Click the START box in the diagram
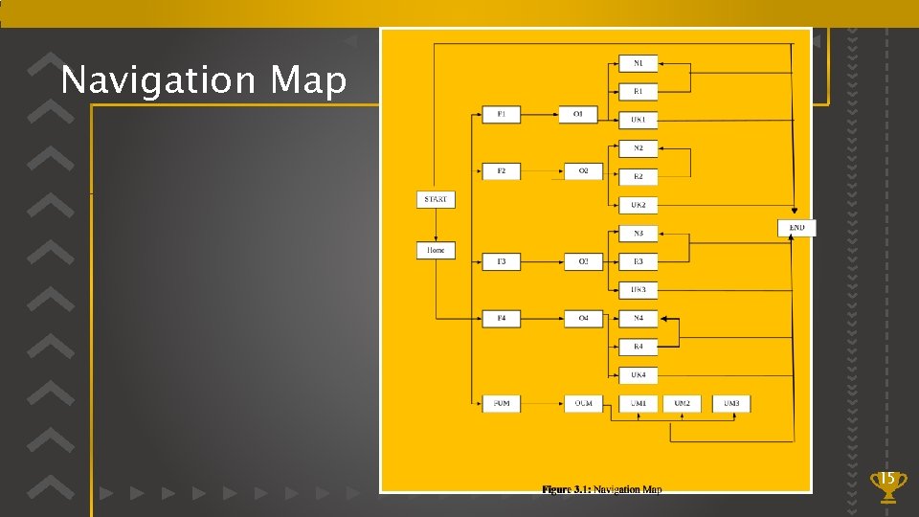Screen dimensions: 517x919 tap(435, 199)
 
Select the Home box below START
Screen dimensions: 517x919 tap(436, 250)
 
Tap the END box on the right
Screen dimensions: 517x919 tap(796, 228)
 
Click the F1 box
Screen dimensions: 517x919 tap(502, 115)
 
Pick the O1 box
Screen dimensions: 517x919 tap(578, 115)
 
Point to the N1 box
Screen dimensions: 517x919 tap(638, 63)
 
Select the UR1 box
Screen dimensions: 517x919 tap(638, 120)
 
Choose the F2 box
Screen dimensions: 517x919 tap(502, 171)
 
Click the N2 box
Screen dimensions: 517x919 tap(638, 148)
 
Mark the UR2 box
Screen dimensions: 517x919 tap(638, 205)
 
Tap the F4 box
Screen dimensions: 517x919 tap(502, 318)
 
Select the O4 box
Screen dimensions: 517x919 tap(583, 318)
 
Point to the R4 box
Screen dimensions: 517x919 tap(638, 346)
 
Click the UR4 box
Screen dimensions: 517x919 tap(638, 374)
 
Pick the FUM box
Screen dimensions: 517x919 tap(502, 403)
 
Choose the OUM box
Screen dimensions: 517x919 tap(583, 403)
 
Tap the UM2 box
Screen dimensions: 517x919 tap(682, 403)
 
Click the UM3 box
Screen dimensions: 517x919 tap(731, 403)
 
